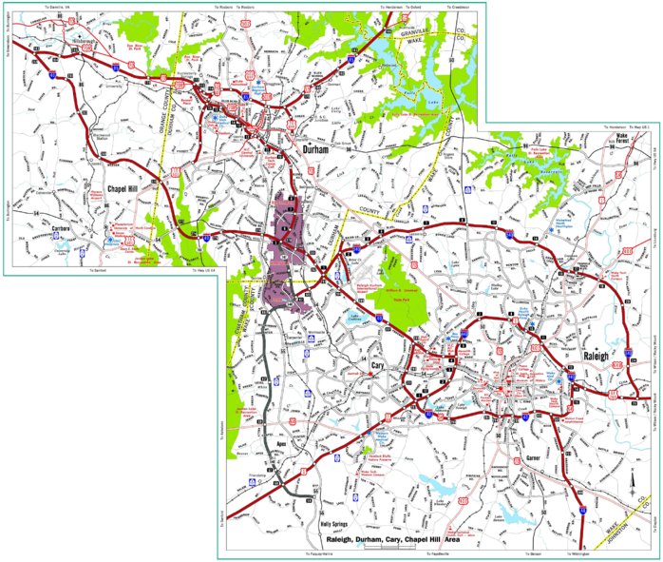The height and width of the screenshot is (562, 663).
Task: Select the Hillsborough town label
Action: [81, 41]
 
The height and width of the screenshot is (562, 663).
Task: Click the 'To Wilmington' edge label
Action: [580, 552]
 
